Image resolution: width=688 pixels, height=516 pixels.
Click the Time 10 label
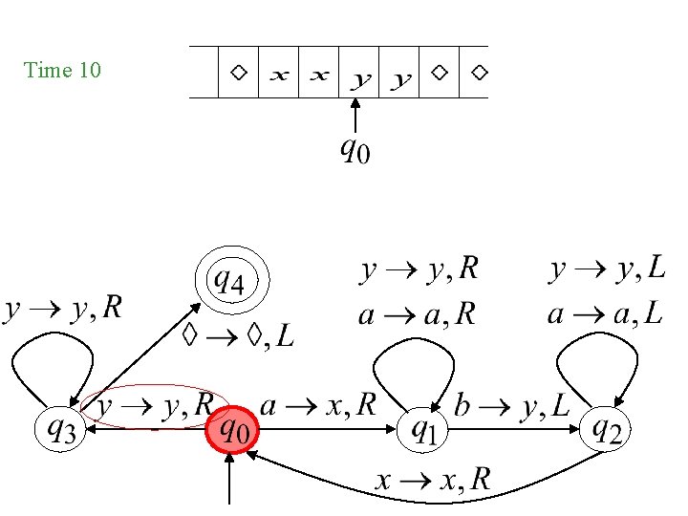(62, 71)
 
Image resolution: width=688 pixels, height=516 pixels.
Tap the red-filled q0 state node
(232, 431)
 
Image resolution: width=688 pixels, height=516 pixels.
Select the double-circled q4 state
(232, 282)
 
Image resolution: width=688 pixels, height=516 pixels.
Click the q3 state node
(61, 431)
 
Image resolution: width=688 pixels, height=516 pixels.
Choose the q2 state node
(607, 431)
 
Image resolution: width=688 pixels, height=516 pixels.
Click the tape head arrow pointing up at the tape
(355, 116)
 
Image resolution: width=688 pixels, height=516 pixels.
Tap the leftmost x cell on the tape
(278, 73)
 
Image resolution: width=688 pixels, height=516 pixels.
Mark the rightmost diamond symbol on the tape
(480, 72)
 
